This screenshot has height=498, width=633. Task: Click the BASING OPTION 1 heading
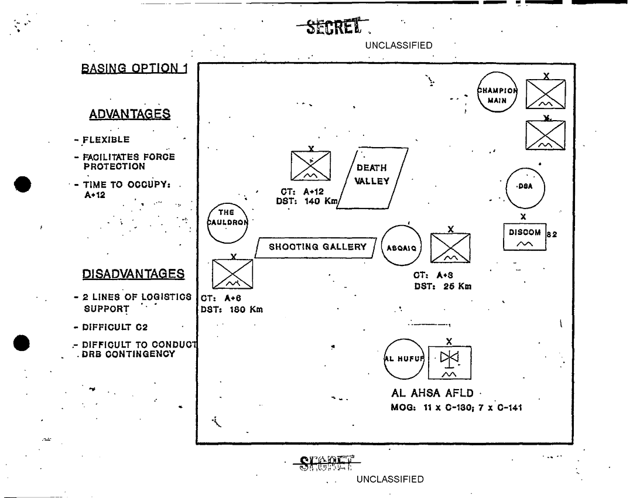[x=135, y=68]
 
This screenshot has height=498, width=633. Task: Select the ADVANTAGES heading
[x=129, y=114]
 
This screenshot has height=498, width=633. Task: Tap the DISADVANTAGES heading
[x=133, y=274]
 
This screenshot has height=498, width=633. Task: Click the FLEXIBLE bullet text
[x=106, y=140]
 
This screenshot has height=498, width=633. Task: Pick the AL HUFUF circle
[x=404, y=359]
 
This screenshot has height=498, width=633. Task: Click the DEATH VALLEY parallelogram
[x=372, y=178]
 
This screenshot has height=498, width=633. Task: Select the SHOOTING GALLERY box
[x=316, y=248]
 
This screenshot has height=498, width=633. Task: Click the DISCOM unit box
[x=525, y=236]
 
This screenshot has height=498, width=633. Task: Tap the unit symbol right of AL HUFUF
[x=449, y=363]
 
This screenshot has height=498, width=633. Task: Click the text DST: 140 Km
[x=306, y=201]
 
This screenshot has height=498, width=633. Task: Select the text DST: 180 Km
[x=232, y=309]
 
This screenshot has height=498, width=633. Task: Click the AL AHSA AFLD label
[x=433, y=394]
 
